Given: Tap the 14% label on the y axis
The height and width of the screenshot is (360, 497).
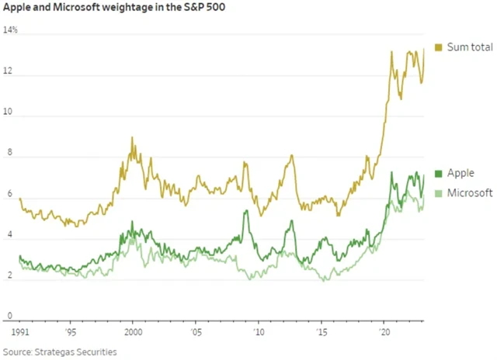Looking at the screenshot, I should [x=11, y=31].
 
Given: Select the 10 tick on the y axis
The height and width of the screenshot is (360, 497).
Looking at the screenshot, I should [x=9, y=114].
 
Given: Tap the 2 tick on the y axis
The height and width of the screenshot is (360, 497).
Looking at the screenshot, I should [x=7, y=277].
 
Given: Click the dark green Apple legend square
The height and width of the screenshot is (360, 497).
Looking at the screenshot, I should [x=439, y=173].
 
